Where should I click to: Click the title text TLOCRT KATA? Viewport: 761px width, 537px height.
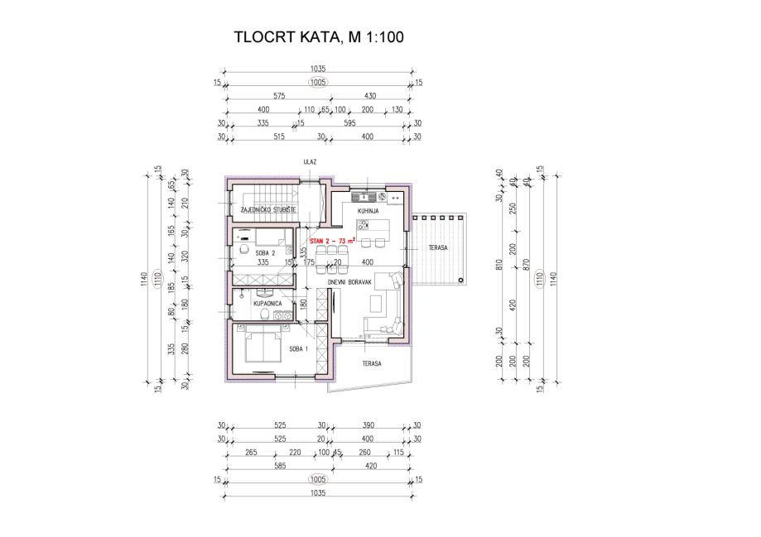(286, 37)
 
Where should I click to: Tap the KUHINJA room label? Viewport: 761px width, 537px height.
(368, 211)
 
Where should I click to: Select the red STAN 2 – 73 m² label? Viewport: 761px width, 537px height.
(332, 240)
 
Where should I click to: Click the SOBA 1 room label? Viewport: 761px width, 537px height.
(298, 349)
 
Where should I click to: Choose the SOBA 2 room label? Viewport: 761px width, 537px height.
(266, 252)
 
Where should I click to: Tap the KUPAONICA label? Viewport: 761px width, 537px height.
(267, 303)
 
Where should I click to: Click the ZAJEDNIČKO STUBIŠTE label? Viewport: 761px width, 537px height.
(268, 209)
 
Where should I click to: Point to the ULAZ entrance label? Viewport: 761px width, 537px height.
(310, 162)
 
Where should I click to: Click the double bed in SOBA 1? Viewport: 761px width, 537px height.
(263, 344)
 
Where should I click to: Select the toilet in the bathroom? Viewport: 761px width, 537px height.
(264, 314)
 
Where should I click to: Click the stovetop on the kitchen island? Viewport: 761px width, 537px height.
(363, 224)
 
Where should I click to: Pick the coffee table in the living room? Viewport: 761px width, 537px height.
(376, 304)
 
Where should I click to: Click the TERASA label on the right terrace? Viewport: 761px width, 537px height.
(438, 248)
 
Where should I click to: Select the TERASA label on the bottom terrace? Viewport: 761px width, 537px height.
(371, 363)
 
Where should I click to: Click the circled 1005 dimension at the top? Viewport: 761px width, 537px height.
(318, 83)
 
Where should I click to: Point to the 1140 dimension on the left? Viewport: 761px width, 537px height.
(143, 279)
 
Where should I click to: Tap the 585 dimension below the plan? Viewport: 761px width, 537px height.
(280, 466)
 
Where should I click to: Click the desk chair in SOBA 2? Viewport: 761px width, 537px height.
(244, 249)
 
